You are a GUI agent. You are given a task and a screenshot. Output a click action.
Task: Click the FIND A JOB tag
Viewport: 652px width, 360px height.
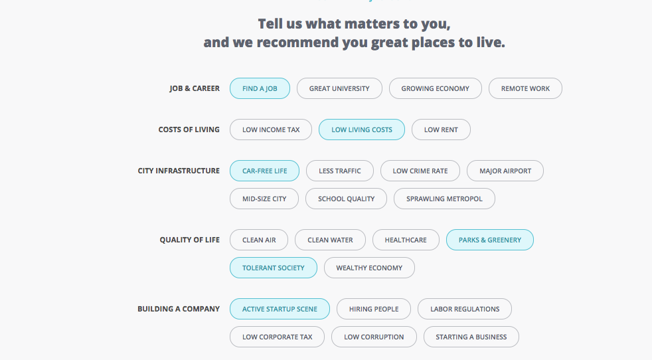260,88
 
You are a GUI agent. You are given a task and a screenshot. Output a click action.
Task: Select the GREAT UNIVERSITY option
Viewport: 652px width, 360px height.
339,88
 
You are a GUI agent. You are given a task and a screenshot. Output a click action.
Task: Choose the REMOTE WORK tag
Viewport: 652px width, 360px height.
525,88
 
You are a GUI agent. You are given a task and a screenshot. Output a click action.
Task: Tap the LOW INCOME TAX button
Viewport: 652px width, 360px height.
271,130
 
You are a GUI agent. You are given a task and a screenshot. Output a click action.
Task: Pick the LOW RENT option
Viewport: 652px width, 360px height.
441,130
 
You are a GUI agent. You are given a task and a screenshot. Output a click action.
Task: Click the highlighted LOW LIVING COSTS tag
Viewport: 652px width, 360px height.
362,130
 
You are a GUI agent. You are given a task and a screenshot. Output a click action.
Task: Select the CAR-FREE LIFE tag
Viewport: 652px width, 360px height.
264,171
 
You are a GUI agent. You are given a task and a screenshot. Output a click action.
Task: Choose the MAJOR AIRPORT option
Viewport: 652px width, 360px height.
505,171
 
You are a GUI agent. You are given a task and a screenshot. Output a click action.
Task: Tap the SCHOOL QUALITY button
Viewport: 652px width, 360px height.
346,199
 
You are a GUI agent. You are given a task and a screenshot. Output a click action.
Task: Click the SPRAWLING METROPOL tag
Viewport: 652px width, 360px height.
444,199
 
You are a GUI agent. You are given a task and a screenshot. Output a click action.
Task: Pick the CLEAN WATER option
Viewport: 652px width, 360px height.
330,240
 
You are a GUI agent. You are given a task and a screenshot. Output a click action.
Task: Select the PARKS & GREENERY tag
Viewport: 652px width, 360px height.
490,240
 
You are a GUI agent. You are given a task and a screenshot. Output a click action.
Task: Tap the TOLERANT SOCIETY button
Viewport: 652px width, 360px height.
273,268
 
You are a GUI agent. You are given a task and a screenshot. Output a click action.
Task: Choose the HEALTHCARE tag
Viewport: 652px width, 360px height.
406,240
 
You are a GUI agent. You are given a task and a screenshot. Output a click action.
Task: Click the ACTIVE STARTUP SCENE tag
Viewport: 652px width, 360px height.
280,309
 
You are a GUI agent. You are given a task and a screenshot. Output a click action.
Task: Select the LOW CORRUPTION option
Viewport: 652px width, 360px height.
374,337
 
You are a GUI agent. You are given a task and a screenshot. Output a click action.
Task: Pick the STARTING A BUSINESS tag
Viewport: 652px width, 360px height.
471,337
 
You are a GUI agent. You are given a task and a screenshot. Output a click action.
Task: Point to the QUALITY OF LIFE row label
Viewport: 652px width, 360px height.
190,240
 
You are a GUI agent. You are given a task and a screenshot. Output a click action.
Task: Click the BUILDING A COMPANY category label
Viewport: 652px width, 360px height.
179,309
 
